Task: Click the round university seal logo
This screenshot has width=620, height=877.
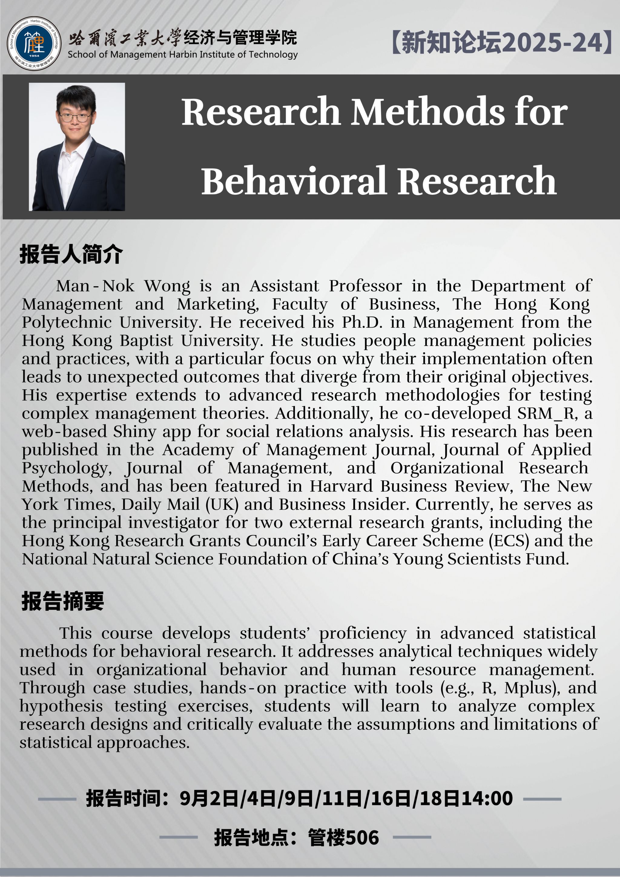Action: (34, 44)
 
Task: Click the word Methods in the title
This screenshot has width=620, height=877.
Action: (427, 112)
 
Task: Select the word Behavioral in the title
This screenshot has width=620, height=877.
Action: (294, 181)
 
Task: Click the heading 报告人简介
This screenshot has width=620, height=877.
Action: (71, 254)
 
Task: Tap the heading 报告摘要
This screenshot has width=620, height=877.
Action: (63, 601)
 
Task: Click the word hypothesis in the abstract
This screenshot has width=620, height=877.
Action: (61, 706)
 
